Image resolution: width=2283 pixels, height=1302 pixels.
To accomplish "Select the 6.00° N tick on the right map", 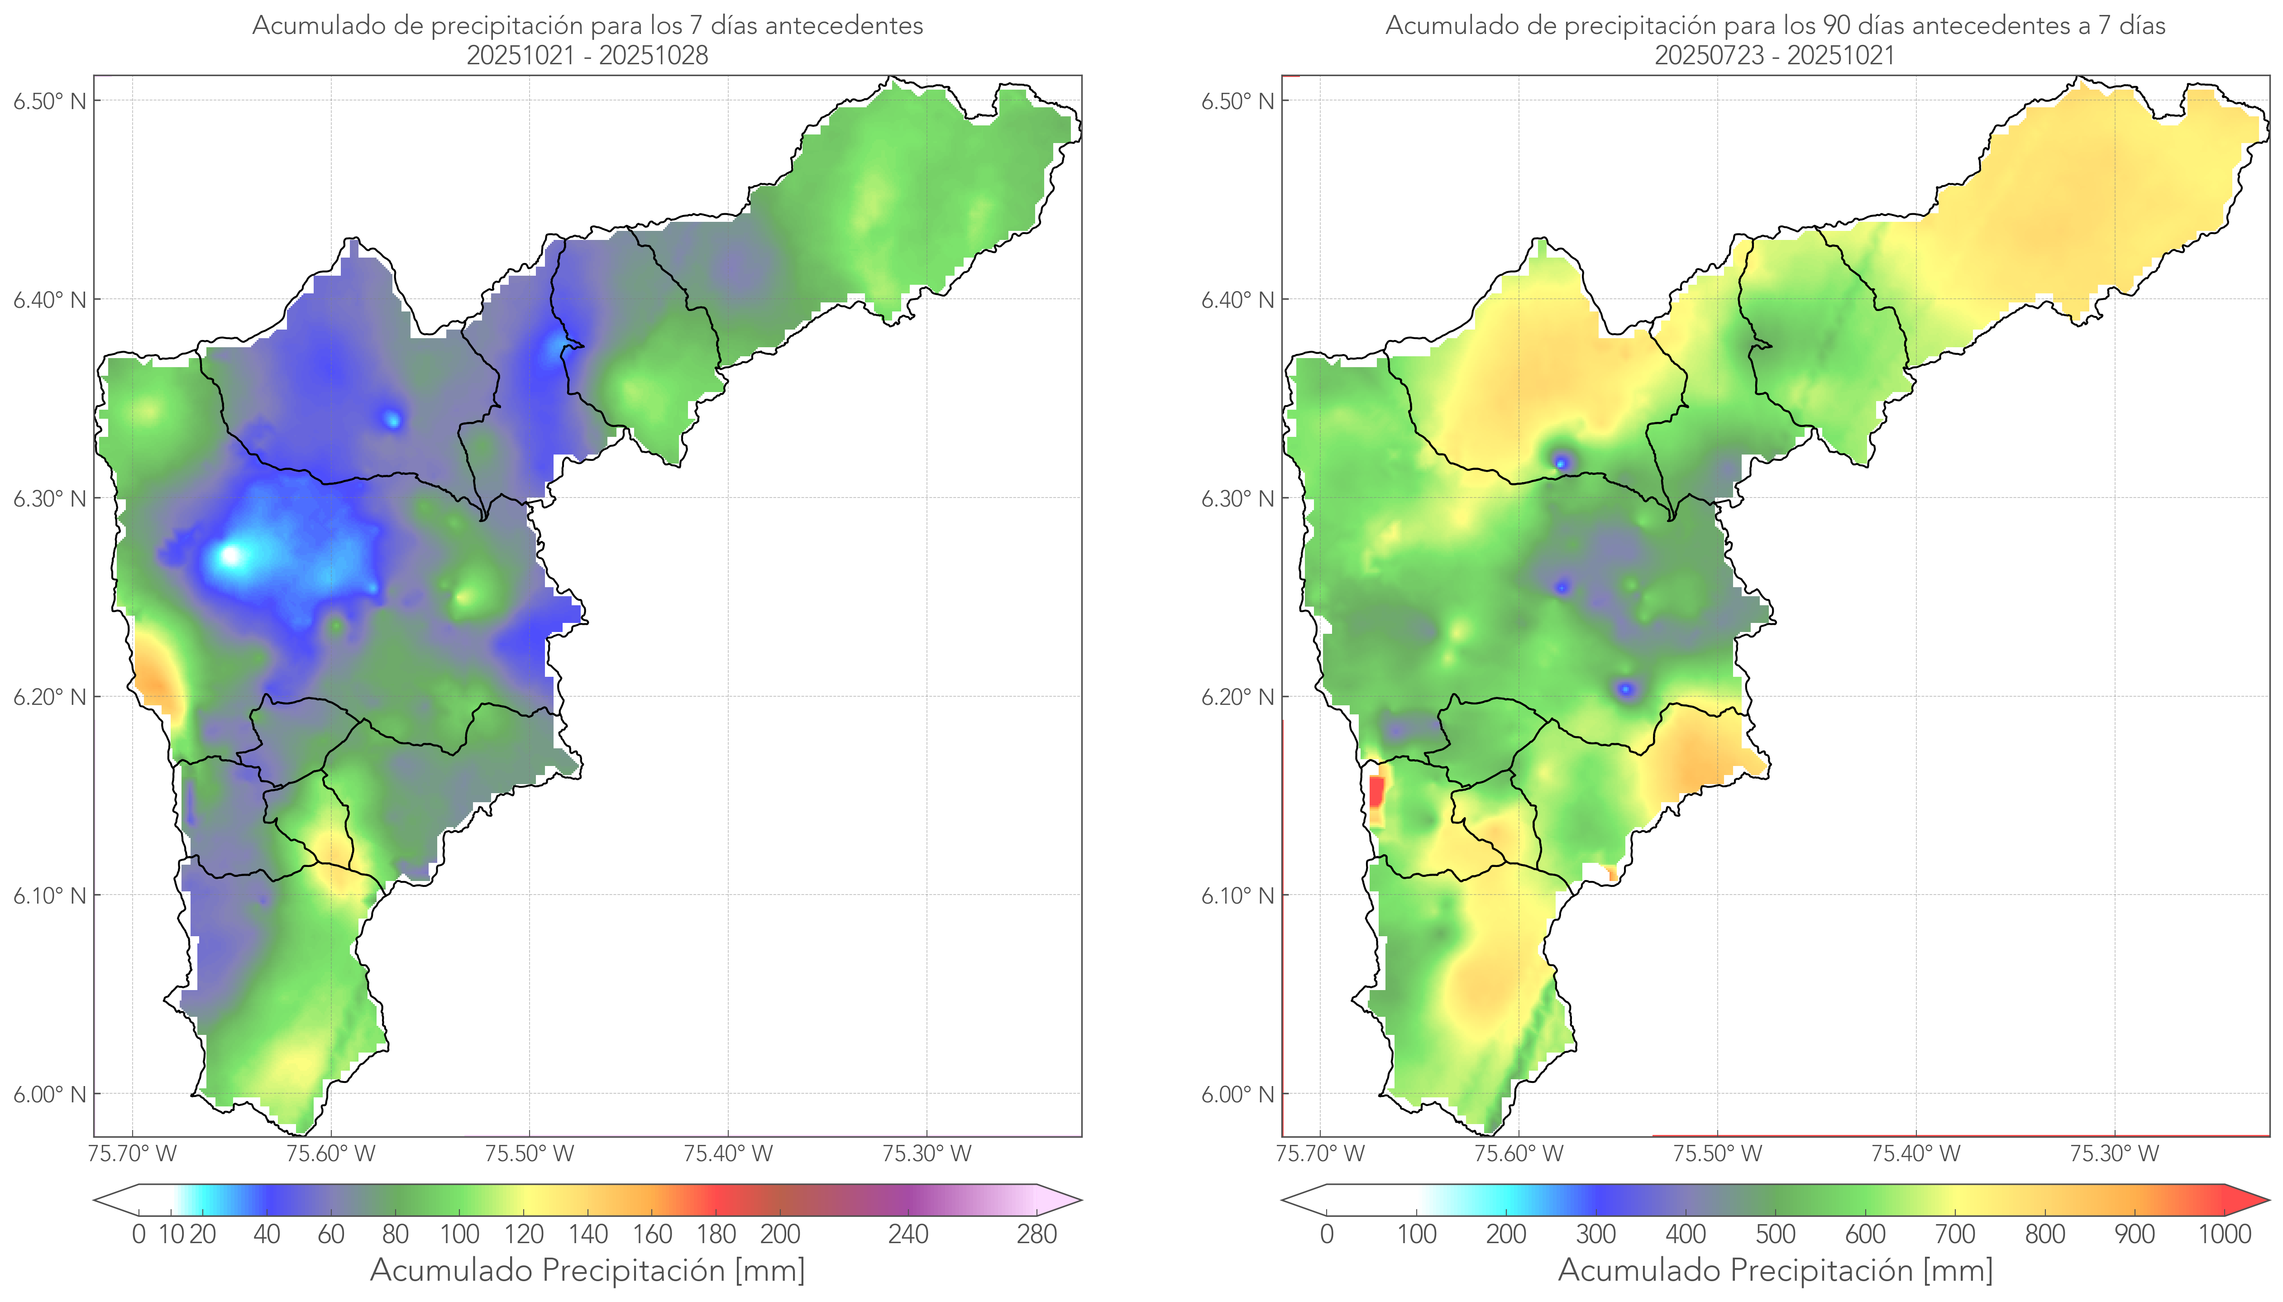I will (x=1238, y=1095).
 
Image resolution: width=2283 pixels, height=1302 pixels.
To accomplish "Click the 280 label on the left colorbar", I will (x=1037, y=1235).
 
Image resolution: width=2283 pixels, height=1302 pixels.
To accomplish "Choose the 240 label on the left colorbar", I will (x=908, y=1235).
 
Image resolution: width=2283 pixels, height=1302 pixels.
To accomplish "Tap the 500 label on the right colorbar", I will (x=1775, y=1235).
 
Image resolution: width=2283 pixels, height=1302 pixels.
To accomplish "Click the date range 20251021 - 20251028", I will (x=587, y=55).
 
